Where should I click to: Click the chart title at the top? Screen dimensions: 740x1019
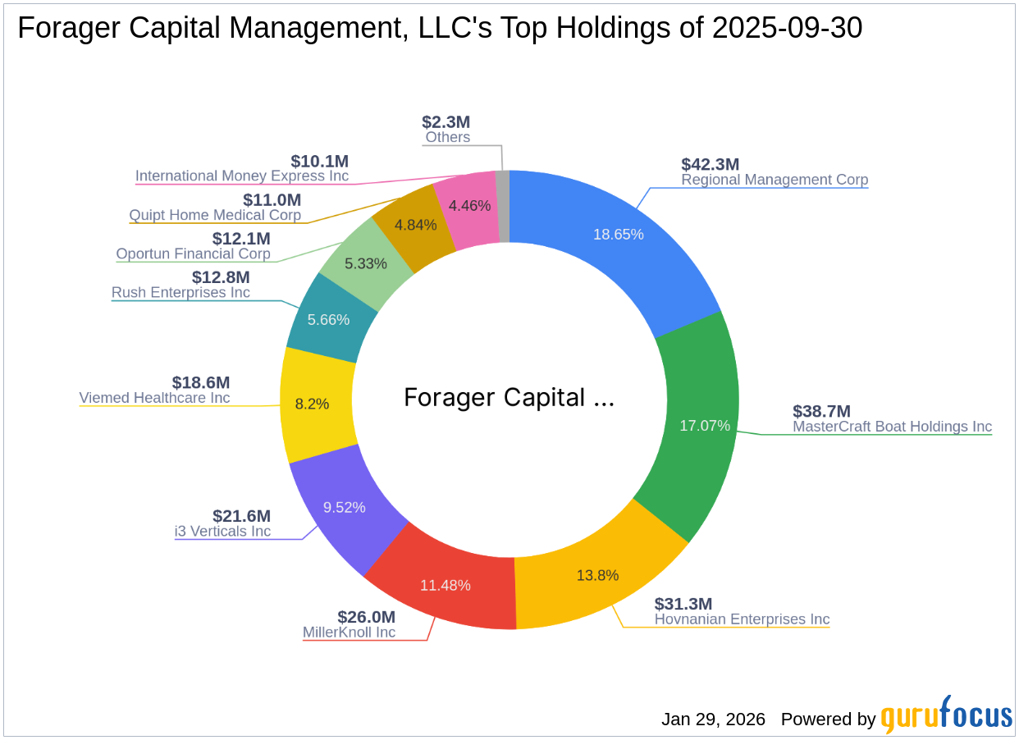point(440,29)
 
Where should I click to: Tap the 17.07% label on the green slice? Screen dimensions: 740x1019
point(704,425)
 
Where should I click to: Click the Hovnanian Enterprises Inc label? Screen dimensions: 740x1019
point(742,619)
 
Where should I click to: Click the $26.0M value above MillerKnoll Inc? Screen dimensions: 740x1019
point(366,616)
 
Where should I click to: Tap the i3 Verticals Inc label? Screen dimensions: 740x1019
point(222,531)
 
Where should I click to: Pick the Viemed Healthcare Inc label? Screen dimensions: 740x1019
point(154,398)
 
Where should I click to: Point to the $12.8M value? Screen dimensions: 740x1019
point(221,277)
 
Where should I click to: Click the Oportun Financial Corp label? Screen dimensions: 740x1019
point(193,254)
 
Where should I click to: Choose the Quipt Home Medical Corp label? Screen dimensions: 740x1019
point(215,215)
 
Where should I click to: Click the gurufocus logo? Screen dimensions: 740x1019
point(946,715)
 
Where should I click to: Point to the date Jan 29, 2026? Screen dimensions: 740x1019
point(713,719)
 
